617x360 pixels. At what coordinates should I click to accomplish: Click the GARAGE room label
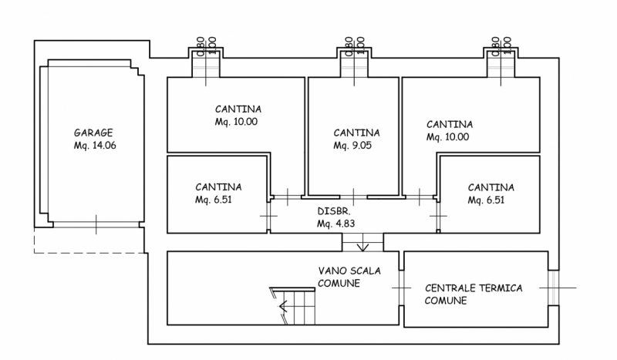(93, 132)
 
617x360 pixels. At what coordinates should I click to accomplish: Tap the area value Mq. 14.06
(95, 145)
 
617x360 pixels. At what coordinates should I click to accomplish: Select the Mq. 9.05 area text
(353, 145)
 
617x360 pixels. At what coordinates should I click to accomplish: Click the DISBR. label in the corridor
(334, 211)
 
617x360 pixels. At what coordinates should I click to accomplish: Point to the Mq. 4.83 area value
(335, 224)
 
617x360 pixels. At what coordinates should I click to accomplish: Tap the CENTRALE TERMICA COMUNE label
(474, 294)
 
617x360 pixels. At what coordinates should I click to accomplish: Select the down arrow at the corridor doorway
(364, 246)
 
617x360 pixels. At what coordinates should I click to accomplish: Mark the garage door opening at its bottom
(96, 225)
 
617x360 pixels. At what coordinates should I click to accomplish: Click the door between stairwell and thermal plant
(401, 287)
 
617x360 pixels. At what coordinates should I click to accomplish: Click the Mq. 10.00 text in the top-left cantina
(237, 121)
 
